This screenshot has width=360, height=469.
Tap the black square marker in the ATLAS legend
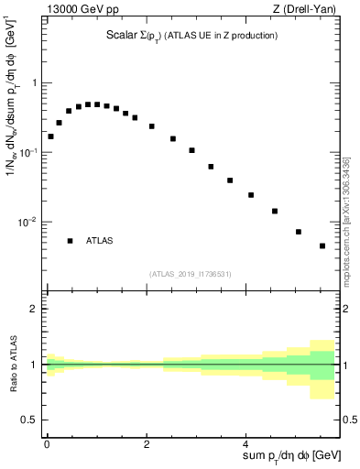pyautogui.click(x=70, y=241)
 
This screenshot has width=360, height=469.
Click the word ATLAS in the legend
pyautogui.click(x=100, y=241)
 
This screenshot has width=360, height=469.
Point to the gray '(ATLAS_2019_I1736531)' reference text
pyautogui.click(x=191, y=274)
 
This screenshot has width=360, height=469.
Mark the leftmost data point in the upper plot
pyautogui.click(x=50, y=136)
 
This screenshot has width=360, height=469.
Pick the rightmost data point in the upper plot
pyautogui.click(x=322, y=245)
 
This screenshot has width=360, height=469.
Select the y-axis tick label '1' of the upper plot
pyautogui.click(x=35, y=83)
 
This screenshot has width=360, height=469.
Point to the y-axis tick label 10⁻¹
pyautogui.click(x=30, y=152)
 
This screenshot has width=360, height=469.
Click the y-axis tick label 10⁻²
pyautogui.click(x=30, y=222)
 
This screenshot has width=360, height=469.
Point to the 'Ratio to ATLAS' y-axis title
pyautogui.click(x=12, y=364)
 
